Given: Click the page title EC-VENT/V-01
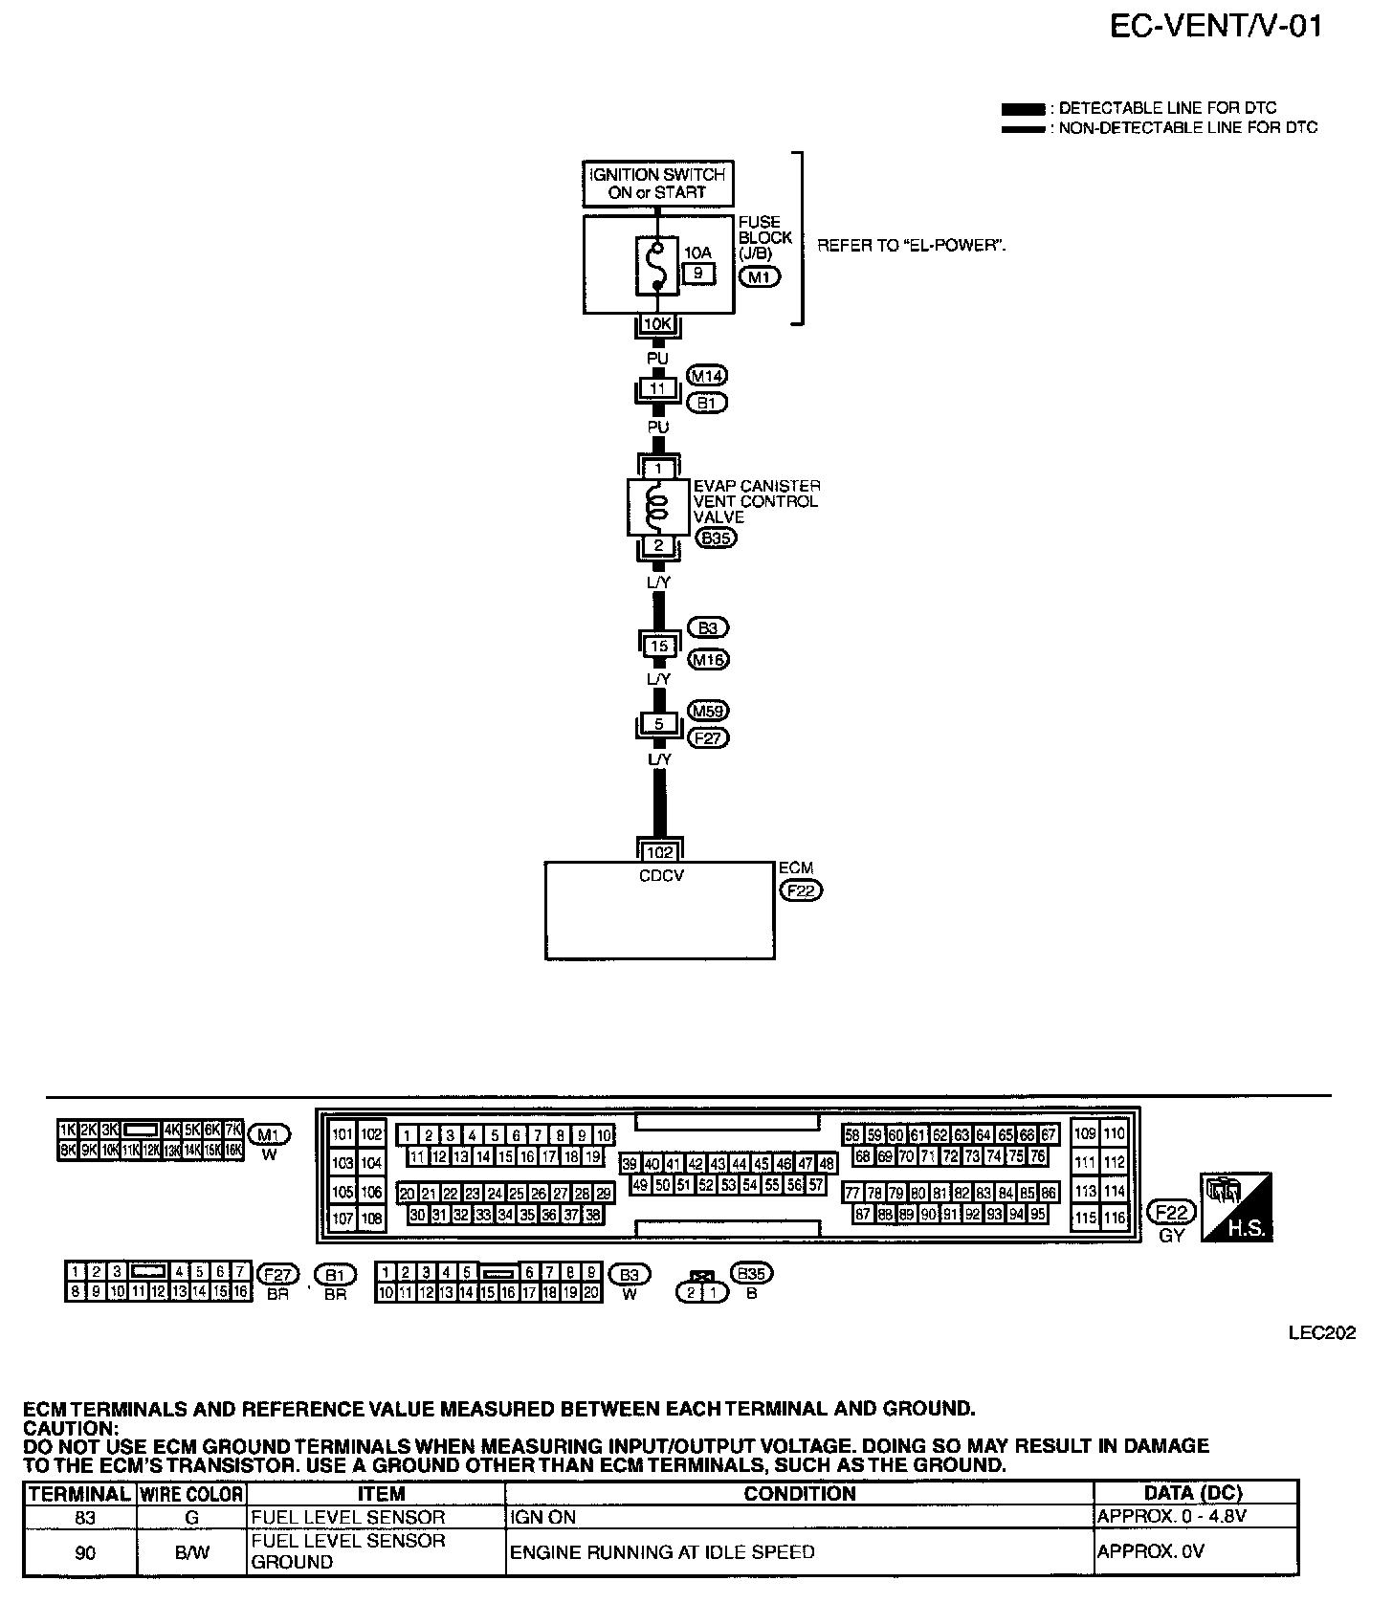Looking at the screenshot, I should pyautogui.click(x=1216, y=27).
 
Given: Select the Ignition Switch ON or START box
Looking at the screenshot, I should pyautogui.click(x=657, y=184).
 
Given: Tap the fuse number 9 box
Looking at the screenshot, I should pyautogui.click(x=697, y=274).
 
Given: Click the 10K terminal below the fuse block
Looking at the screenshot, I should pyautogui.click(x=657, y=324).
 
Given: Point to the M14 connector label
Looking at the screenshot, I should pyautogui.click(x=707, y=377).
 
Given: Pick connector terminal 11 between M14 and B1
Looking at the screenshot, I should pyautogui.click(x=657, y=389).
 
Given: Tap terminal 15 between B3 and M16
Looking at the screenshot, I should pyautogui.click(x=658, y=646).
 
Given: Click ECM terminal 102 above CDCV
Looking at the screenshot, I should pyautogui.click(x=659, y=851).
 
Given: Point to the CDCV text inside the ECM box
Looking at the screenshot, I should pyautogui.click(x=661, y=875).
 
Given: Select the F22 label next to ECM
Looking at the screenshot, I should pyautogui.click(x=801, y=891).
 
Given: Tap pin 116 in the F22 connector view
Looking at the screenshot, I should pyautogui.click(x=1114, y=1219).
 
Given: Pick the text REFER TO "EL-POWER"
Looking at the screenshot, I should pyautogui.click(x=911, y=246).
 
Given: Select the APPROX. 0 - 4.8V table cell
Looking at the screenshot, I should pyautogui.click(x=1171, y=1517).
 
